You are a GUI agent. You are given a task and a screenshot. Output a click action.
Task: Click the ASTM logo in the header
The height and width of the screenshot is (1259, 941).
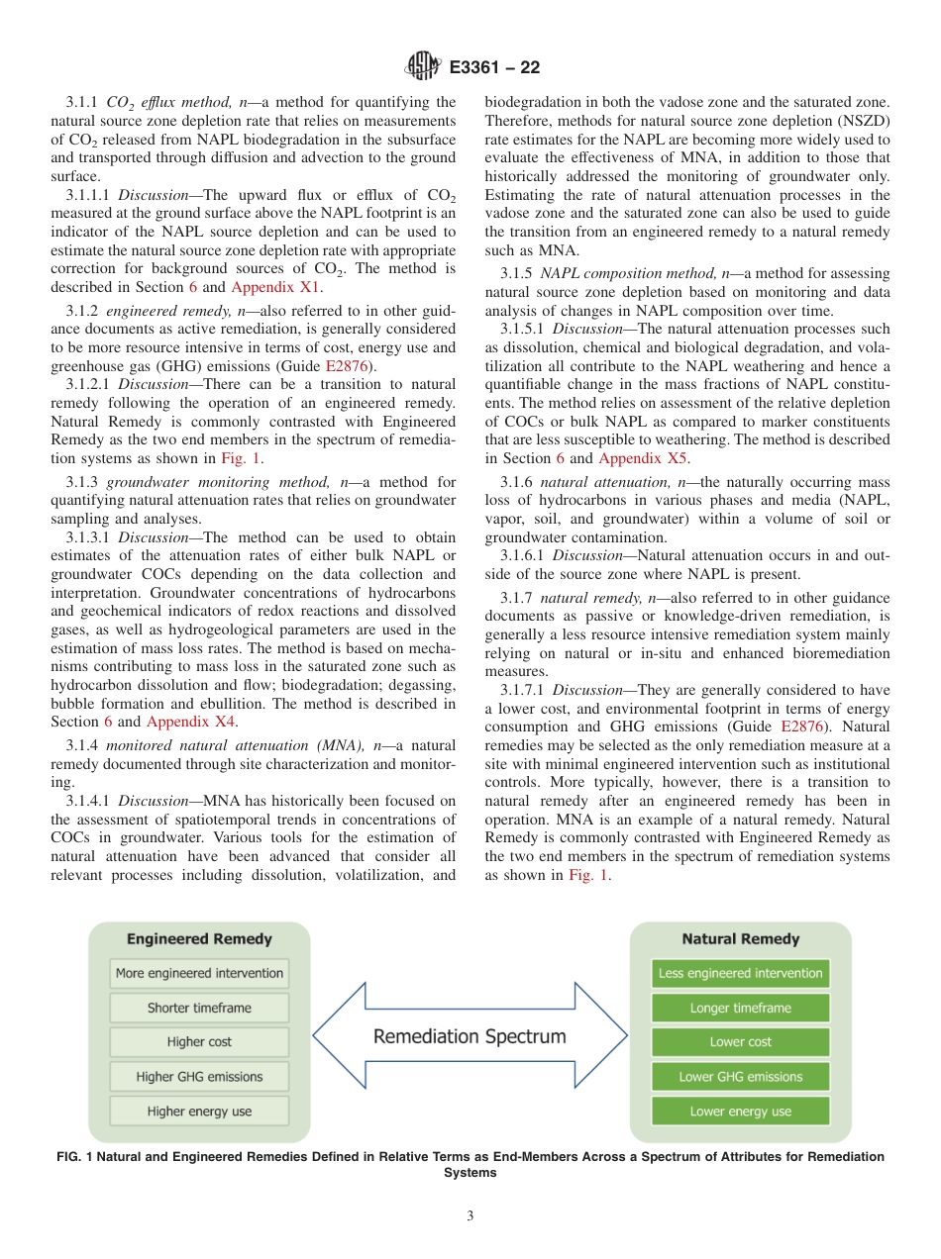(423, 67)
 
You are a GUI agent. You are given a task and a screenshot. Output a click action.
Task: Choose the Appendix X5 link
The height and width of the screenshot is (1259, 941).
(644, 458)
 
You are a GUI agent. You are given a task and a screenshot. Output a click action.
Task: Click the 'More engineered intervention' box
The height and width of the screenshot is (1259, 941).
(199, 973)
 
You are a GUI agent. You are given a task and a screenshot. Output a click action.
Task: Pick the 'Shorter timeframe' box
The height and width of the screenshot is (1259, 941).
(199, 1008)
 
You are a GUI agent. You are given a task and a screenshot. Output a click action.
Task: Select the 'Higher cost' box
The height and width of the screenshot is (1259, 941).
(199, 1042)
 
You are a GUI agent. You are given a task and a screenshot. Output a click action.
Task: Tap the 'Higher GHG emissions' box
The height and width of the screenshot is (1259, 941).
(199, 1077)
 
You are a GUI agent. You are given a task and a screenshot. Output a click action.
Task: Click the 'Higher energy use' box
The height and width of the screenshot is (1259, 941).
(199, 1112)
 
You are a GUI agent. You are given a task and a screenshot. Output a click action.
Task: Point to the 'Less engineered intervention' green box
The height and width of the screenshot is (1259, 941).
(740, 973)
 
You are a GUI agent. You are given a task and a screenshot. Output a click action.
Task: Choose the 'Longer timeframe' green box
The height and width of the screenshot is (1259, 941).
(740, 1008)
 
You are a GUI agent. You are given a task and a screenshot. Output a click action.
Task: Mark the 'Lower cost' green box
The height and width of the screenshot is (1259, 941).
(740, 1042)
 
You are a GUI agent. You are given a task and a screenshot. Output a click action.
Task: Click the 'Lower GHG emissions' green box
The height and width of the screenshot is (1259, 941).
(740, 1077)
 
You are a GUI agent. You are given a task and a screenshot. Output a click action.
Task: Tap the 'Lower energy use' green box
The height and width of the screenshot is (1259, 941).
(740, 1112)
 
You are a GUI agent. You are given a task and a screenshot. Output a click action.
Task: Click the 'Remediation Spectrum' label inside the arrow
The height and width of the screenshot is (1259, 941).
(470, 1037)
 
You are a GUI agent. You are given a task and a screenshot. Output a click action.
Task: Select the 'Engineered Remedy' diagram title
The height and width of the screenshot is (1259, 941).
(199, 938)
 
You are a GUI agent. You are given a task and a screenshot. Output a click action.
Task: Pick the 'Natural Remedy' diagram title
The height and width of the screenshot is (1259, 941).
(740, 938)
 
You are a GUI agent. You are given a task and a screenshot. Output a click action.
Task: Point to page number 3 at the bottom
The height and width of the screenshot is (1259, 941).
(470, 1216)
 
